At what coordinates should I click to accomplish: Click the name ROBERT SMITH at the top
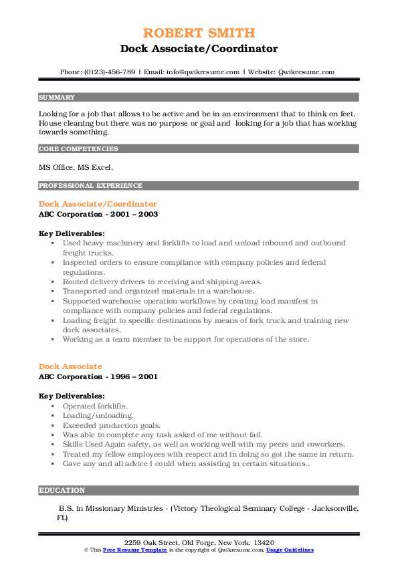(x=199, y=33)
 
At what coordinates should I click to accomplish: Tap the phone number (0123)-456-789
(x=112, y=72)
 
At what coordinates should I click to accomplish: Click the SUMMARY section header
(x=57, y=97)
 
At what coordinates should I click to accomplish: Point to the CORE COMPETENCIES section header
(x=78, y=149)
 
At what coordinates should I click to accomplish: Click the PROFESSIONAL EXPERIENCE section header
(x=90, y=186)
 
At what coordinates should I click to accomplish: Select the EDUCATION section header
(x=62, y=490)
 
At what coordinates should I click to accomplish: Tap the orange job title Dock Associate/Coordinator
(x=98, y=204)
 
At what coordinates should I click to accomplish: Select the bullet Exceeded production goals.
(x=112, y=425)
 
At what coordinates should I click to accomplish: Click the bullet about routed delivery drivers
(x=163, y=282)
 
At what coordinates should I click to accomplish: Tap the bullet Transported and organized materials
(x=159, y=292)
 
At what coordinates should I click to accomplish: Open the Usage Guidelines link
(x=289, y=550)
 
